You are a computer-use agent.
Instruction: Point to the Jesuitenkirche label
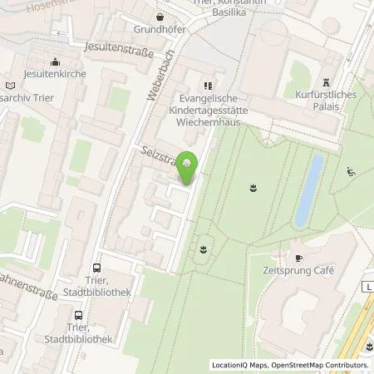(x=53, y=74)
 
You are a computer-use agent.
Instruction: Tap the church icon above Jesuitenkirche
(x=54, y=61)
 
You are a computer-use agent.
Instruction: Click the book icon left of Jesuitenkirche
(x=9, y=85)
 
